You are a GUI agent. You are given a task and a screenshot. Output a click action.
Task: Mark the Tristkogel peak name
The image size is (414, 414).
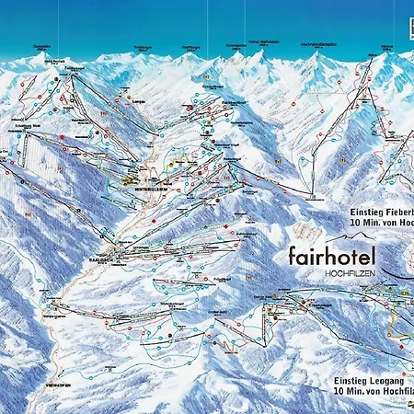pyautogui.click(x=142, y=46)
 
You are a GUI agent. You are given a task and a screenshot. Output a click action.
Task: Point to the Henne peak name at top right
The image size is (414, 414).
pyautogui.click(x=386, y=46)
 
